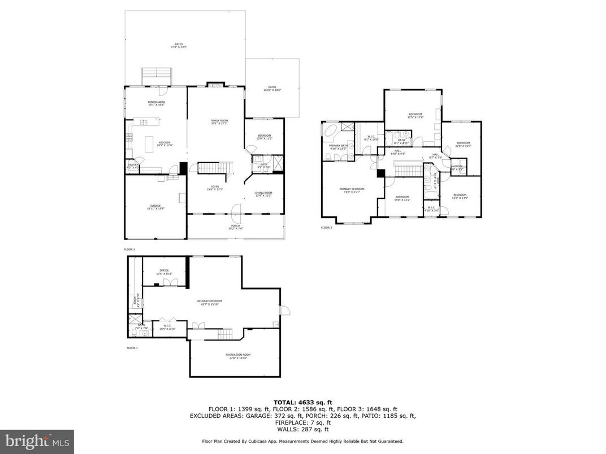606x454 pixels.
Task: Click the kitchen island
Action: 150,144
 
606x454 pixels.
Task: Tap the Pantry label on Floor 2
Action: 133,165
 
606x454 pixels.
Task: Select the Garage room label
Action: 155,207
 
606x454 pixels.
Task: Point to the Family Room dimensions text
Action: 219,124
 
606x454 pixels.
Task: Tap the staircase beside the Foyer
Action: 215,168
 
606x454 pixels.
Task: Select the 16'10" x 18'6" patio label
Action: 272,89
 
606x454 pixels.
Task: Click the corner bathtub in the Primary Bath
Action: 330,134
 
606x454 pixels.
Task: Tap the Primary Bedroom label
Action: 352,190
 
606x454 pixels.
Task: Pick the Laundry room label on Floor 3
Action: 457,167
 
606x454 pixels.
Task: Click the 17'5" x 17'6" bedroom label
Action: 415,115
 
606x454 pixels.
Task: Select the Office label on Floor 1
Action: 165,271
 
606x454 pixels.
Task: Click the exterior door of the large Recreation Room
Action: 284,310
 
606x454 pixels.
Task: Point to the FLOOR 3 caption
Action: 327,228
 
